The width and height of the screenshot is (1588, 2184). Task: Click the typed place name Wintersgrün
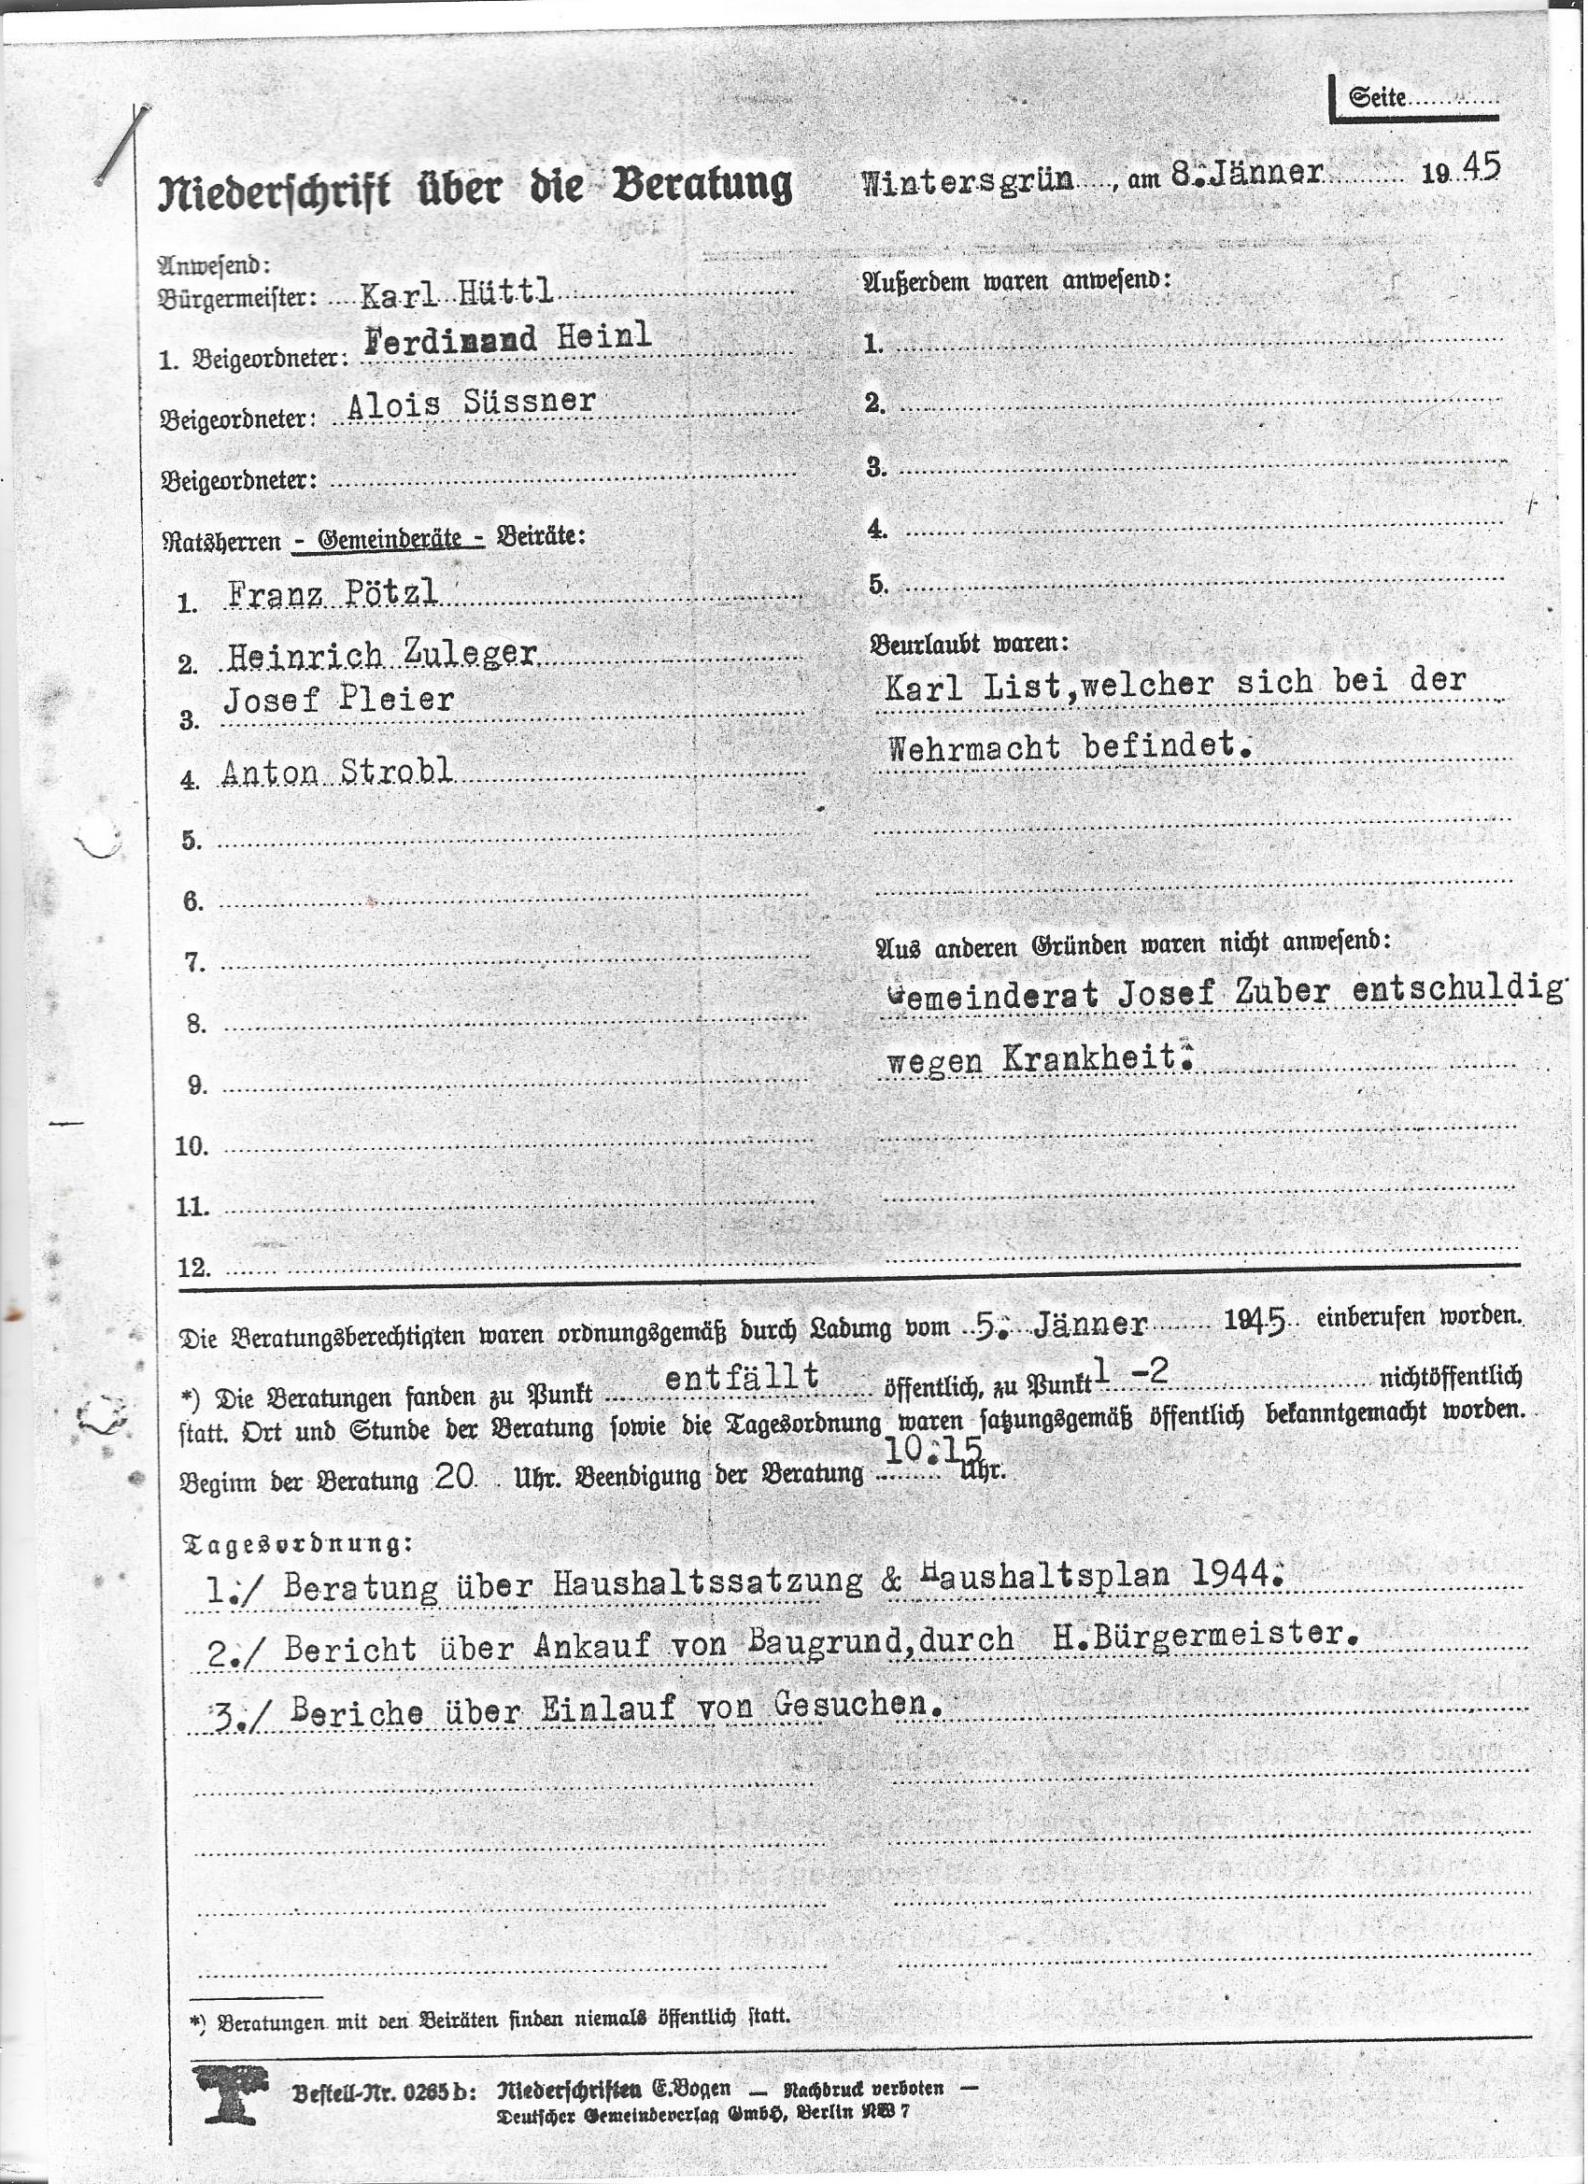[966, 182]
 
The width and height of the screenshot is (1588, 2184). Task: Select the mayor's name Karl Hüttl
[457, 292]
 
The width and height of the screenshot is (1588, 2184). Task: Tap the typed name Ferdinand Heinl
[507, 337]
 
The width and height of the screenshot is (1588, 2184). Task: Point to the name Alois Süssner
[471, 404]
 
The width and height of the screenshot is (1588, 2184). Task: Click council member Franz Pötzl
[333, 593]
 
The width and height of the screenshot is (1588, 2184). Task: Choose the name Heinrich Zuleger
[381, 655]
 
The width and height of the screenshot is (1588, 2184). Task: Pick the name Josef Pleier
[338, 700]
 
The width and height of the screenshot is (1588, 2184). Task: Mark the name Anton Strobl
[336, 772]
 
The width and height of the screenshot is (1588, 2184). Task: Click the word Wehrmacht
[973, 747]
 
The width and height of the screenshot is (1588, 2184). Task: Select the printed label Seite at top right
[1377, 97]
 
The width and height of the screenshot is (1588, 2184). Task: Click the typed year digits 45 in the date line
[1481, 166]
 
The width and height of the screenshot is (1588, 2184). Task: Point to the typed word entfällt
[742, 1376]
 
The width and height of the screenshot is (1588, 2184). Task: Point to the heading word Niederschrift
[275, 190]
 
